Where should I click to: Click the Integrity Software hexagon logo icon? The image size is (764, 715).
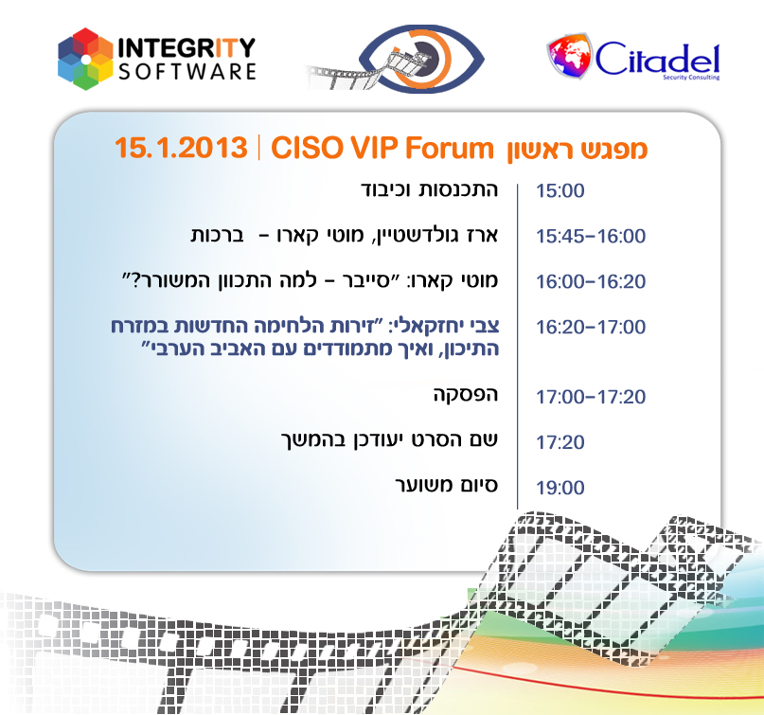(86, 59)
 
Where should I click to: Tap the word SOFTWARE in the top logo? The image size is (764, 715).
(187, 71)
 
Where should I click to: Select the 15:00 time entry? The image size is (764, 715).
(560, 191)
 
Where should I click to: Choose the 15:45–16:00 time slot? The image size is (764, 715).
(591, 237)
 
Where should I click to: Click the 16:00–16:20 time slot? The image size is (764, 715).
(591, 282)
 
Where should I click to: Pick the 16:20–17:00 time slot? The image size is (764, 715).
(591, 328)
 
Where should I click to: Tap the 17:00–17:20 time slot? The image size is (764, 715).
(591, 396)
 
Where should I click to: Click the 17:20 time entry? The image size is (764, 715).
(560, 442)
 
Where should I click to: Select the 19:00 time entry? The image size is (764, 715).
(560, 489)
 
